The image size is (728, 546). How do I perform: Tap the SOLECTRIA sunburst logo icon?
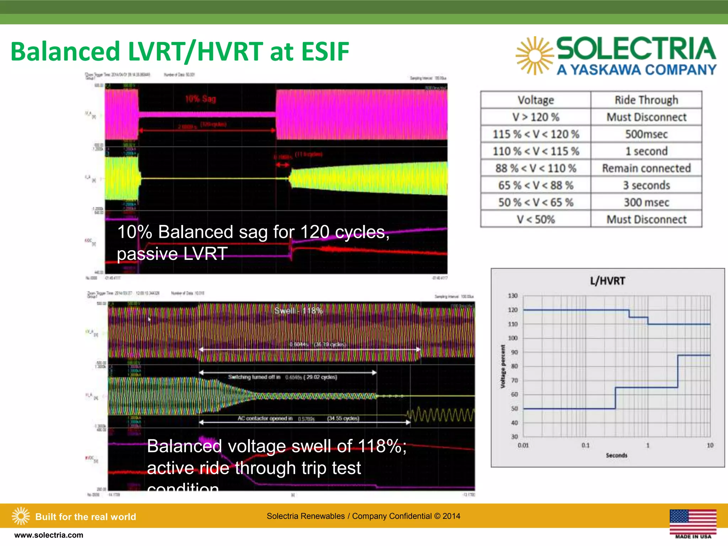point(534,56)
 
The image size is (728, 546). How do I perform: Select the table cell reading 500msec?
point(646,134)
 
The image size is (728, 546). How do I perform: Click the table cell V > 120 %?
point(536,117)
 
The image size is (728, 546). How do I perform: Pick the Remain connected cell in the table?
point(646,168)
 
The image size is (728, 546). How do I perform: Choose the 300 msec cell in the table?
point(646,203)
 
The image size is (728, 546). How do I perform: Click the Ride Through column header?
point(646,100)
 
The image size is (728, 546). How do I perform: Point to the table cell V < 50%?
point(536,220)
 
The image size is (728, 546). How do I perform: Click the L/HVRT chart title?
point(607,281)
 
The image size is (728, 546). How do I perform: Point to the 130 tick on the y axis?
point(513,296)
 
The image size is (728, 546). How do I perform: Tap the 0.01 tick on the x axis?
point(523,445)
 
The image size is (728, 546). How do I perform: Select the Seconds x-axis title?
point(616,455)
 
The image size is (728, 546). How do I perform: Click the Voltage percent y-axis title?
point(503,366)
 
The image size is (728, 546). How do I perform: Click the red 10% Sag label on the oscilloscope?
point(200,99)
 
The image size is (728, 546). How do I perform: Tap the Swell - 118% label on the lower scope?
point(298,311)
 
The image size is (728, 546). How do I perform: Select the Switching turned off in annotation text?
point(254,377)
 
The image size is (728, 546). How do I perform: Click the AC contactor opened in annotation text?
point(265,418)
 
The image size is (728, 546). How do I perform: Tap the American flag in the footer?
point(693,521)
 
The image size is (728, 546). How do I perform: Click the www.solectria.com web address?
point(49,535)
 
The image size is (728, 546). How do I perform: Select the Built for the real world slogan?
point(85,517)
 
